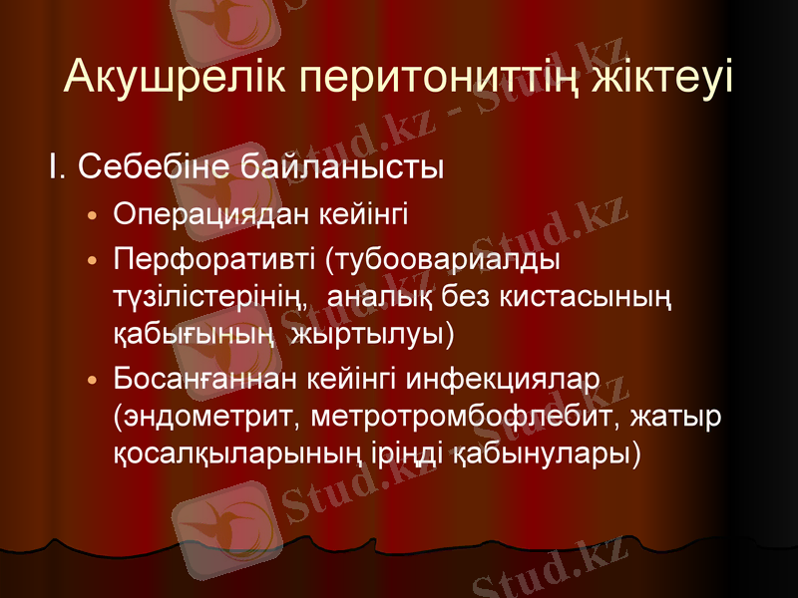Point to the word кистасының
(x=584, y=296)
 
